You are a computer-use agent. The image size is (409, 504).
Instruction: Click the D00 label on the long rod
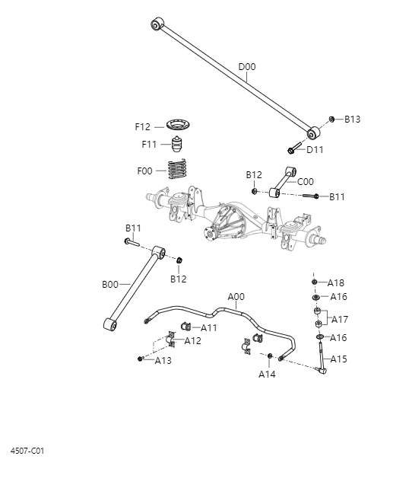click(247, 67)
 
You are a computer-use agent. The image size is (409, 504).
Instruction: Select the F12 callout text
click(143, 126)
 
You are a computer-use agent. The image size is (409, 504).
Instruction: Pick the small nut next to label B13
click(332, 119)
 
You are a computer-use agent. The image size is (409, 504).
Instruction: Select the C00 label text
click(306, 182)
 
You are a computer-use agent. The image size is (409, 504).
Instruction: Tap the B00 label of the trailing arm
click(110, 284)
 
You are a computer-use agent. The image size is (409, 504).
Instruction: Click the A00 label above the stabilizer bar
click(236, 296)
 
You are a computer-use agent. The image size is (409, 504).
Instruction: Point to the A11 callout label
click(209, 327)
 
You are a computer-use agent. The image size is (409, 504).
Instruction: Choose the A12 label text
click(193, 340)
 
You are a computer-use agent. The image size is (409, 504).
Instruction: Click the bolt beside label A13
click(141, 359)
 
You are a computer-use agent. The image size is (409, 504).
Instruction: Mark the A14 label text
click(267, 374)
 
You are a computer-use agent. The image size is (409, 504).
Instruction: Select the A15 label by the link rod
click(338, 359)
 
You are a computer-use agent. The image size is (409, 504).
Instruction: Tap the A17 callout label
click(340, 320)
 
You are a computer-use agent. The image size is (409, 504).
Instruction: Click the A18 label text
click(336, 282)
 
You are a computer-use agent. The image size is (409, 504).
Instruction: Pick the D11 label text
click(315, 150)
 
